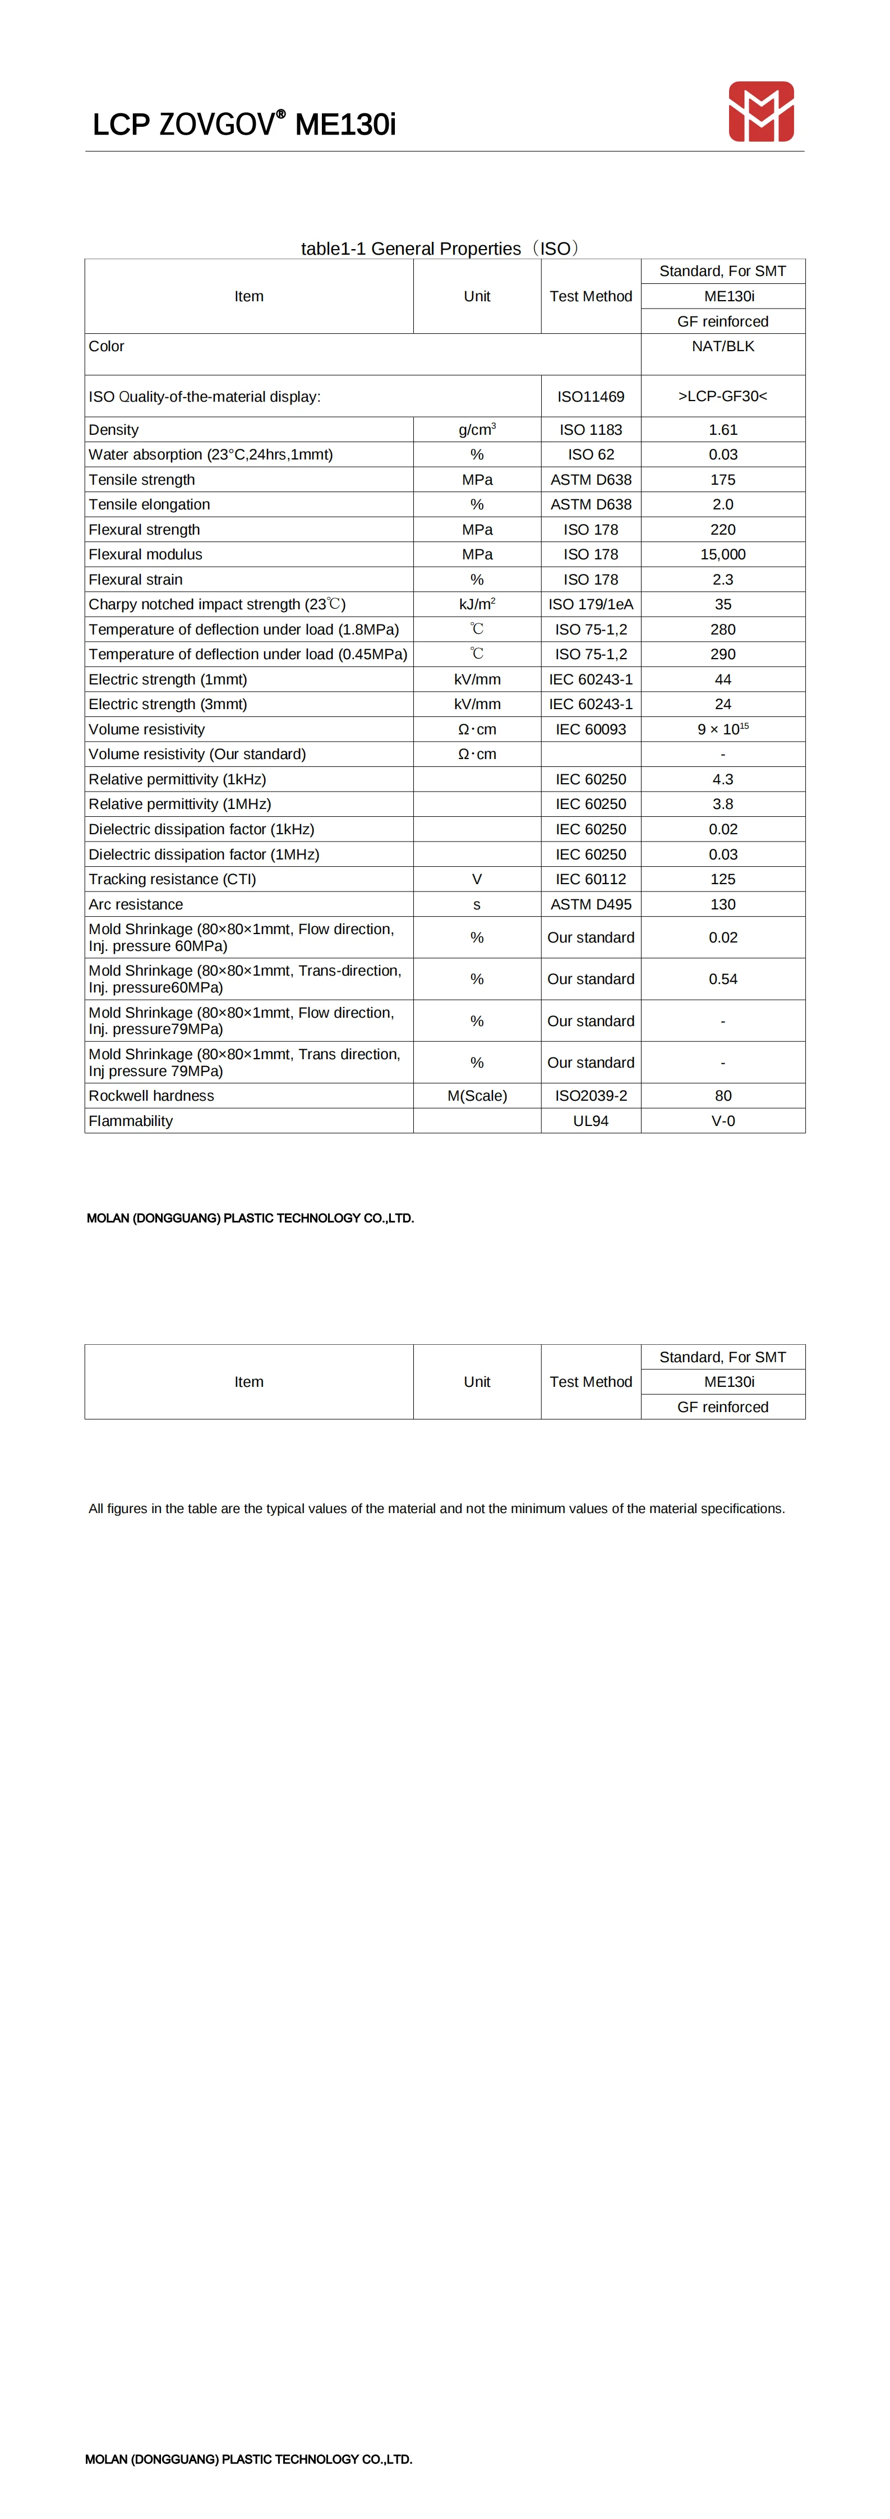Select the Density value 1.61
point(723,429)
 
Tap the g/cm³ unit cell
point(477,429)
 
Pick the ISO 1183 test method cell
point(591,429)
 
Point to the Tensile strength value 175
point(723,479)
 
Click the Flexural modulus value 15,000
point(723,554)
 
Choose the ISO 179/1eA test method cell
point(591,604)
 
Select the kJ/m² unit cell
point(477,604)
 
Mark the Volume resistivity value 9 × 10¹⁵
point(723,729)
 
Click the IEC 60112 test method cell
point(591,879)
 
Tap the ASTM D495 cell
point(591,904)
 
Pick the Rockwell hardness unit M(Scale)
point(477,1095)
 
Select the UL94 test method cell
point(591,1120)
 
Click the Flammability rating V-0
point(723,1120)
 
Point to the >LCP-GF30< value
point(723,396)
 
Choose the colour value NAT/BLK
point(723,346)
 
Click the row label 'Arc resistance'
point(136,904)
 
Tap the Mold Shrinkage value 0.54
point(723,979)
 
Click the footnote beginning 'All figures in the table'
point(436,1508)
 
